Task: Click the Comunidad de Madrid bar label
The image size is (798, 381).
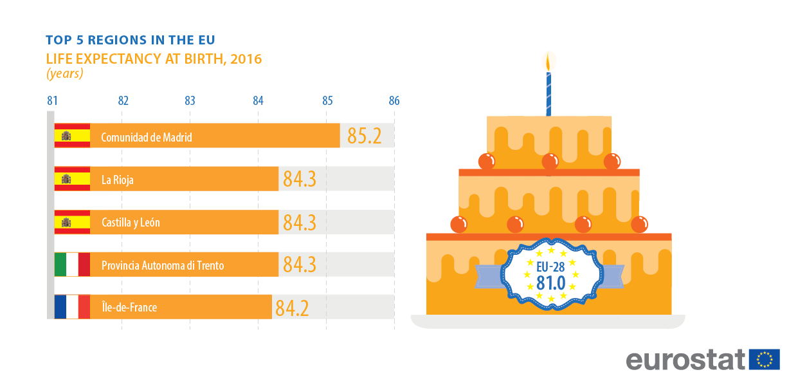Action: click(x=147, y=137)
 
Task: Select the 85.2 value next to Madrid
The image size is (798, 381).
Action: click(x=365, y=136)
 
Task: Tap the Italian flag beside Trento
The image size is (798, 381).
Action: click(x=72, y=265)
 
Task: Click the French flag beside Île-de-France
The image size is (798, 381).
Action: click(x=72, y=307)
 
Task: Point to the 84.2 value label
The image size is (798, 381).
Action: click(x=292, y=308)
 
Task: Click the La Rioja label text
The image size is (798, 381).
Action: click(x=118, y=180)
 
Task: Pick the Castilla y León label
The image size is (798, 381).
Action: click(x=131, y=223)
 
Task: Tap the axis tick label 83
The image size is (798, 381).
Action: click(x=190, y=101)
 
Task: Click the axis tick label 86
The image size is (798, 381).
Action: click(x=394, y=101)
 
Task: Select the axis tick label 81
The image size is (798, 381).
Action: click(x=53, y=101)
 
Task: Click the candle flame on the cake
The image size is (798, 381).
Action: click(x=549, y=62)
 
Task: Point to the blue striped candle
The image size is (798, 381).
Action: click(x=549, y=94)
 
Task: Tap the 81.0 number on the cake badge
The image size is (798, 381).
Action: click(x=551, y=281)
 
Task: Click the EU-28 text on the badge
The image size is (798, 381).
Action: click(x=550, y=264)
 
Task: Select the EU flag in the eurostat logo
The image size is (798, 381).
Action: click(x=765, y=359)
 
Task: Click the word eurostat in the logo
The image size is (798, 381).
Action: click(x=686, y=360)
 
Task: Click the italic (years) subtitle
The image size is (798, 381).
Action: click(x=64, y=73)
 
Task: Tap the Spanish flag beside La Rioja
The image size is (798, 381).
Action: click(x=72, y=179)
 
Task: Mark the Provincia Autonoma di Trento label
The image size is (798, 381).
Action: click(x=163, y=265)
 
